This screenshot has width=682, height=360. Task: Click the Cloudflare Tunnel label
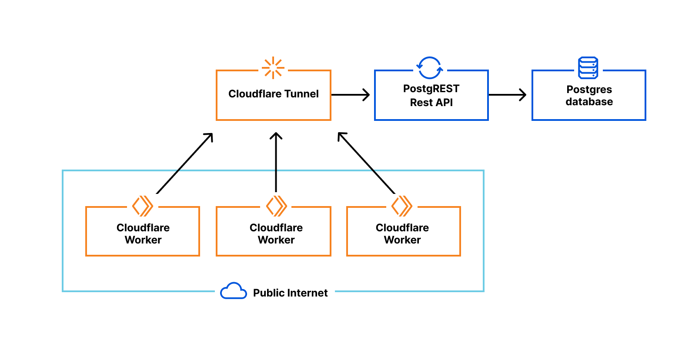[273, 94]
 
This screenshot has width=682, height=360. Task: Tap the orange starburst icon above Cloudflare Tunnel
[273, 68]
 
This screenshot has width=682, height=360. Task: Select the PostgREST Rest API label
[431, 96]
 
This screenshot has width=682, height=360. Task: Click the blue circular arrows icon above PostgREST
[430, 68]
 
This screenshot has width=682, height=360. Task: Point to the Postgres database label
[589, 96]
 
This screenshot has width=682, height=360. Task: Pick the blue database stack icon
[588, 68]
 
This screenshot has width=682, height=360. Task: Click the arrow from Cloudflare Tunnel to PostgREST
[351, 95]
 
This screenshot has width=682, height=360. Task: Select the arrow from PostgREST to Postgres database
[508, 95]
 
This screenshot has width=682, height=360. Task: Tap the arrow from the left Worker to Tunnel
[184, 163]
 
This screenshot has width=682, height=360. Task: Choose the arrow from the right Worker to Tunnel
[366, 163]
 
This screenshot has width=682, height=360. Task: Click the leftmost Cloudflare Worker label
[143, 234]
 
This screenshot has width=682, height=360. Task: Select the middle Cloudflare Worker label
[276, 234]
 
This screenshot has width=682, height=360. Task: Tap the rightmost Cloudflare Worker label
[402, 234]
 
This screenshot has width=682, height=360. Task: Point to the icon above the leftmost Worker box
[143, 206]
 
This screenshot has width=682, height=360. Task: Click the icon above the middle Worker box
[276, 206]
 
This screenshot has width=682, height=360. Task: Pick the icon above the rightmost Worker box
[402, 206]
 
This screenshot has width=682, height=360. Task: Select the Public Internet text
[290, 293]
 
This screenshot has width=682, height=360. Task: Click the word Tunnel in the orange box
[301, 94]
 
